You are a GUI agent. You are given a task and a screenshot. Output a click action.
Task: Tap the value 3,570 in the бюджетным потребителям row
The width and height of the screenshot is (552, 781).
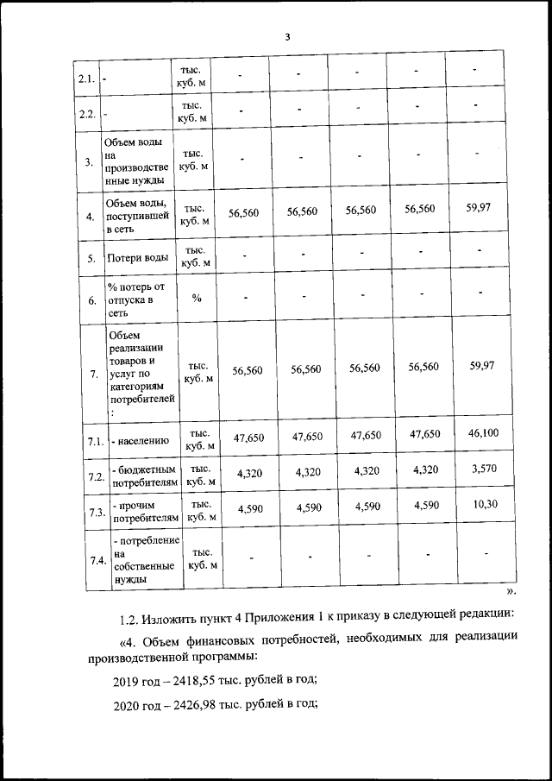483,469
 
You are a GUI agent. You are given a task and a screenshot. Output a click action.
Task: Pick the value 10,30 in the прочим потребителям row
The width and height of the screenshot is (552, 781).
483,505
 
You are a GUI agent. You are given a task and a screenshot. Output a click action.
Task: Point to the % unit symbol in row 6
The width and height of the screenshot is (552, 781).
197,298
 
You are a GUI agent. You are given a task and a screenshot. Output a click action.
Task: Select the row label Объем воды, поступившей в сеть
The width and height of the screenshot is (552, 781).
136,216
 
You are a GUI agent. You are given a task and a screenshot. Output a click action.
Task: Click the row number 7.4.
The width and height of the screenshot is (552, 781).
97,560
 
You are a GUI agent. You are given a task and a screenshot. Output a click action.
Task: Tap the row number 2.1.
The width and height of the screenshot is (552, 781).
86,79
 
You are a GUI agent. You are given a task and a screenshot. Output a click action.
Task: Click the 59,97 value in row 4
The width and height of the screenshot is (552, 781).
482,207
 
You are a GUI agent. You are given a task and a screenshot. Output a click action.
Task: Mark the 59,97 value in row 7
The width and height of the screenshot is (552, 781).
482,366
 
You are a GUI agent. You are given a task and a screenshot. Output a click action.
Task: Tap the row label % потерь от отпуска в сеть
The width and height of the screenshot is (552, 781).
135,299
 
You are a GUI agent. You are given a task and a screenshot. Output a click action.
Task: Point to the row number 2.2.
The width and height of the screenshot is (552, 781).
86,114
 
